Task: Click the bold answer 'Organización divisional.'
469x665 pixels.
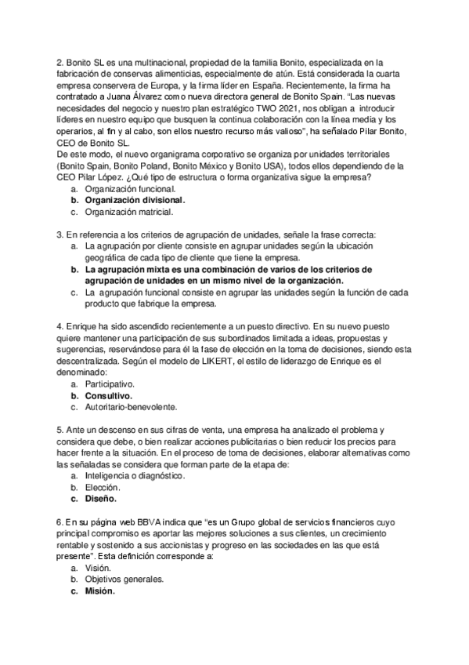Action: [135, 201]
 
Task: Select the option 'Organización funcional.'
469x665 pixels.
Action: [130, 190]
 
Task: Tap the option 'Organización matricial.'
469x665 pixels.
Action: [128, 212]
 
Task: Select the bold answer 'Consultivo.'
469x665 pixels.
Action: [107, 396]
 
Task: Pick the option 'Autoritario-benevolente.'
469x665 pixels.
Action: [131, 407]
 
